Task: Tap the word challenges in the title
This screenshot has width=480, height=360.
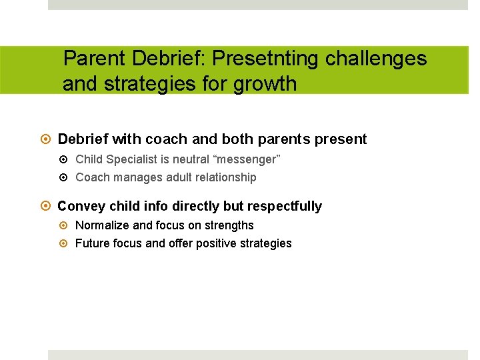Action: (x=376, y=59)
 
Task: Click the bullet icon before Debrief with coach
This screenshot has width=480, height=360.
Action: (x=46, y=139)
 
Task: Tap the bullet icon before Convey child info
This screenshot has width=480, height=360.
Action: (x=46, y=207)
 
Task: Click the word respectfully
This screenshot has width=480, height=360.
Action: (x=285, y=207)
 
